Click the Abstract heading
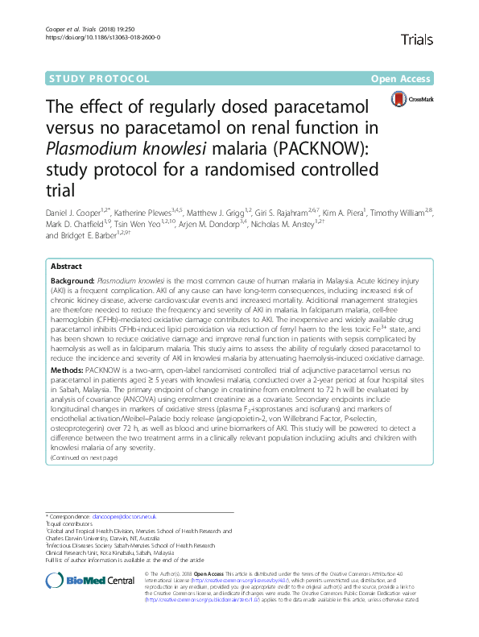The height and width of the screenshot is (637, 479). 66,267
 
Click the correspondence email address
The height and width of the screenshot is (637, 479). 124,515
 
